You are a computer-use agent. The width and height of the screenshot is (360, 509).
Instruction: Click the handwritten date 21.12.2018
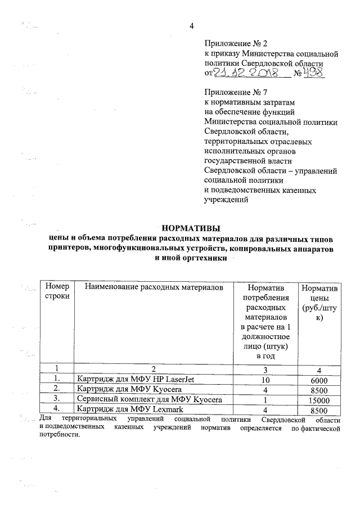(246, 74)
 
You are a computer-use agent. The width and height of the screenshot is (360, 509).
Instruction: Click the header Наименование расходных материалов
(154, 287)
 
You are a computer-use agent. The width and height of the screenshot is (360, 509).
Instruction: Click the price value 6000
(318, 380)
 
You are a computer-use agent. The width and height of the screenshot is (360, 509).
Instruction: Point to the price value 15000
(318, 400)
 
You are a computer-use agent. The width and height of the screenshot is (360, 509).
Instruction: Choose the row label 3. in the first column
(56, 399)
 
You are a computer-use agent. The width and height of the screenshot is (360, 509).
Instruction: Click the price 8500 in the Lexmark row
(318, 410)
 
